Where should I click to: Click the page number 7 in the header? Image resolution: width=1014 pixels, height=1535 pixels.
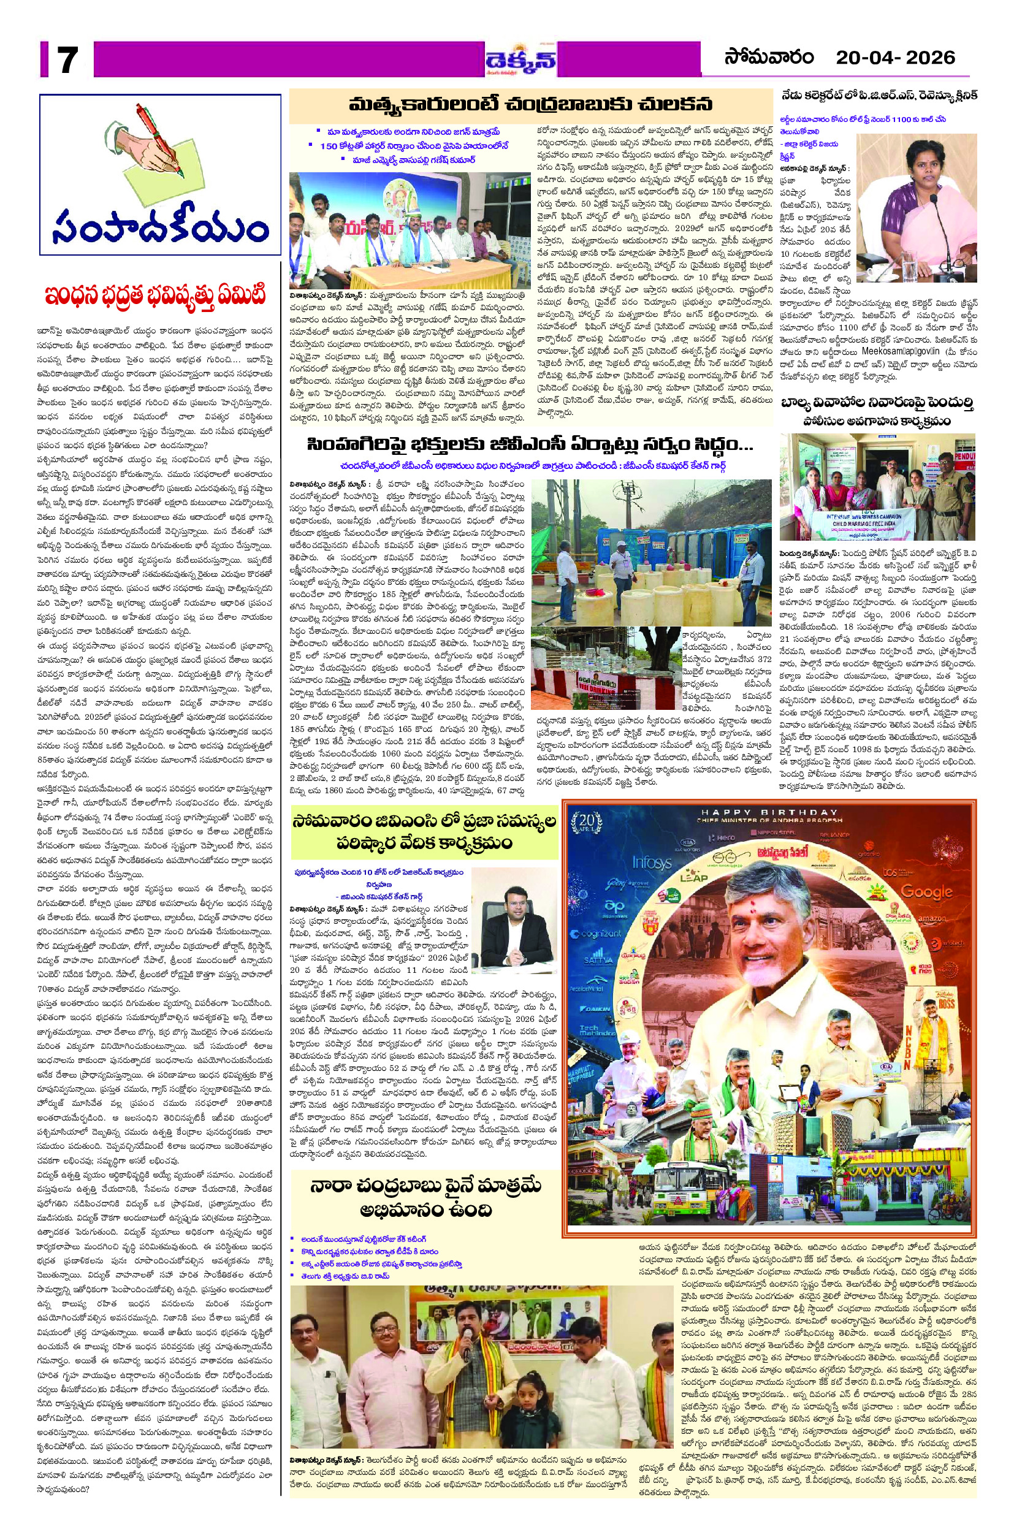pos(67,59)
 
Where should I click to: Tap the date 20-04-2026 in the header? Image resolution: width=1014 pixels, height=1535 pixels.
pos(895,58)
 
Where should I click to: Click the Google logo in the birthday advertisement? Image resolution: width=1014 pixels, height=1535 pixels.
pos(926,892)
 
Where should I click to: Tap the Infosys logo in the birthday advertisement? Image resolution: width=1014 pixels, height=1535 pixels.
pos(651,863)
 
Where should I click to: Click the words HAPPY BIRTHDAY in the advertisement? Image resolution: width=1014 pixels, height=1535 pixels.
pos(769,812)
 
